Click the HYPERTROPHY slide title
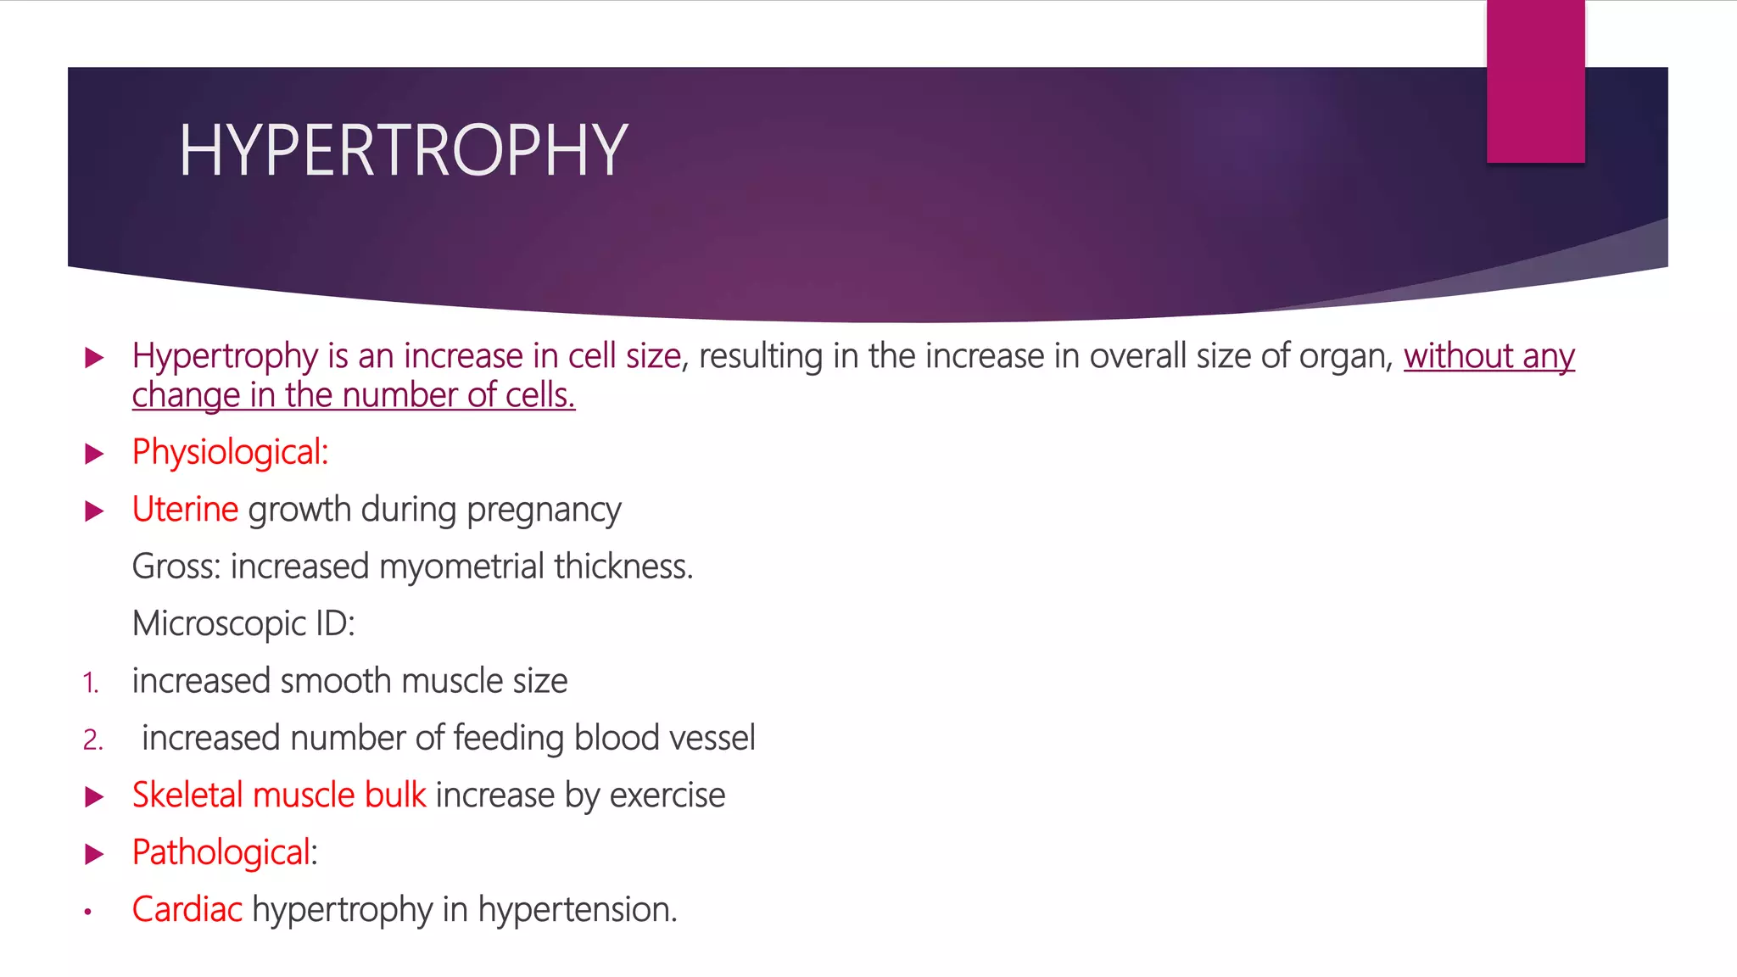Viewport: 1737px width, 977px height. [403, 150]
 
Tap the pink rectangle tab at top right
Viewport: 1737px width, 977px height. [1535, 81]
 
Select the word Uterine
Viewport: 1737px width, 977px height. [185, 510]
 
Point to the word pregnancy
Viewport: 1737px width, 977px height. [544, 511]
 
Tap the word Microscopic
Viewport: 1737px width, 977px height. [219, 624]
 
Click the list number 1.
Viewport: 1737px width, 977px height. [91, 683]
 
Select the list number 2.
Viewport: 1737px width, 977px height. [92, 740]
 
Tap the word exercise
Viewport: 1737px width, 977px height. [667, 796]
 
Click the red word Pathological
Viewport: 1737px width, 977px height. [221, 852]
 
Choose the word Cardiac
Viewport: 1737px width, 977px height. [187, 909]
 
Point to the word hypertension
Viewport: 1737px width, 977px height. [577, 910]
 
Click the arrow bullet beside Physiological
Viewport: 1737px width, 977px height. [94, 454]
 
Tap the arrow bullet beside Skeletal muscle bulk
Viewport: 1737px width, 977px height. [94, 797]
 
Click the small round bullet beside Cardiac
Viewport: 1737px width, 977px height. [87, 913]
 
